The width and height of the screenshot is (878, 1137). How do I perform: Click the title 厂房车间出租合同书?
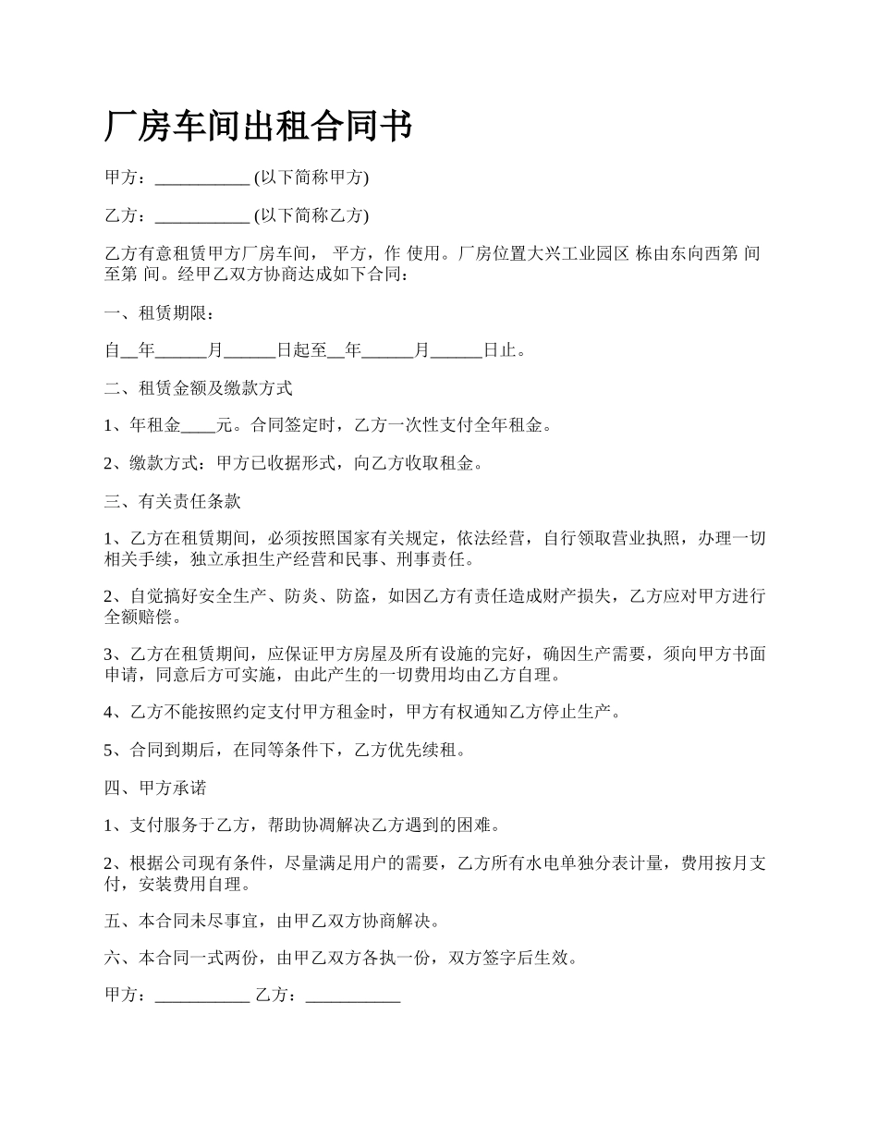(258, 127)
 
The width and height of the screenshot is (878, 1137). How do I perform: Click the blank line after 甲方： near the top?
(201, 178)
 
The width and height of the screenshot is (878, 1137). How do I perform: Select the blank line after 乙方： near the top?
(201, 216)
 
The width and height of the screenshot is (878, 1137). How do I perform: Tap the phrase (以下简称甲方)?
(311, 177)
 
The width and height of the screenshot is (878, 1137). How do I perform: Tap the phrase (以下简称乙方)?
(311, 215)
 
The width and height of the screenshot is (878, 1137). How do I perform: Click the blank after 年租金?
(198, 427)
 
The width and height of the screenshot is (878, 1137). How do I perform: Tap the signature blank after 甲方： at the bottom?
(201, 996)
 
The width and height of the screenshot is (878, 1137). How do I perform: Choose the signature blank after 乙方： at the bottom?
(352, 996)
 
